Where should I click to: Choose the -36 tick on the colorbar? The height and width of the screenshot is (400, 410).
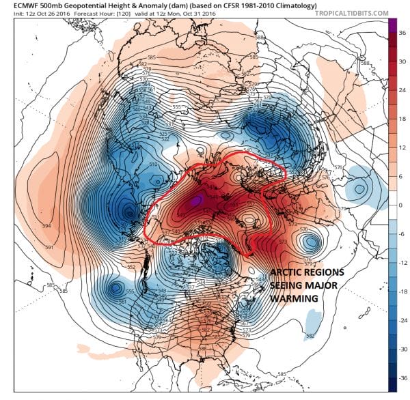pos(402,375)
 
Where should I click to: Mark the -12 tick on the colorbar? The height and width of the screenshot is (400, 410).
pos(402,262)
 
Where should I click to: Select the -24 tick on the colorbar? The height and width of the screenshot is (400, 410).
pos(402,319)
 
